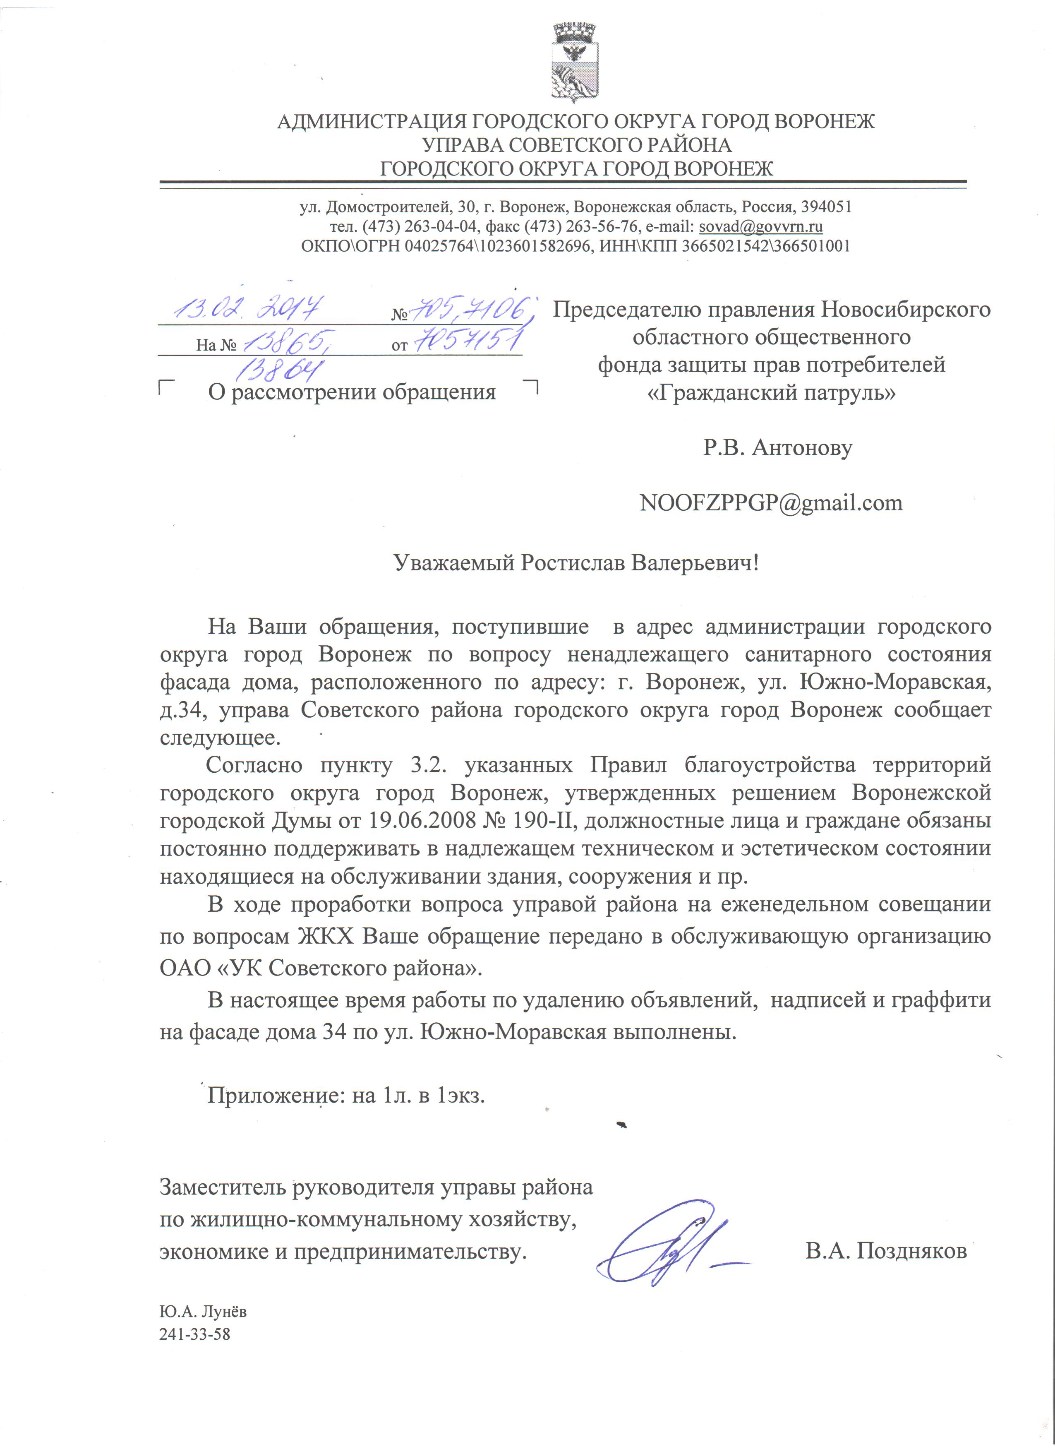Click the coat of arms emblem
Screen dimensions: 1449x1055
574,62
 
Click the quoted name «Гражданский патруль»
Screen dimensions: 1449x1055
772,392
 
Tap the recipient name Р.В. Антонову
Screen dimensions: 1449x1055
778,447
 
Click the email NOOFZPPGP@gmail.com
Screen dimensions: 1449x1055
771,503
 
